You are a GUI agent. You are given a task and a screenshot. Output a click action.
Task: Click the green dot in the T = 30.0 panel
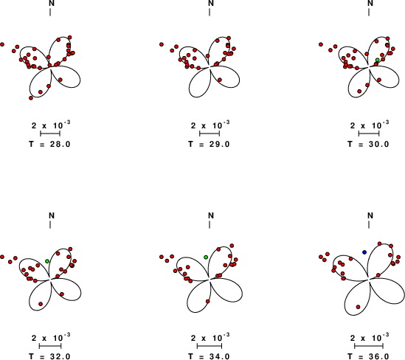pyautogui.click(x=378, y=60)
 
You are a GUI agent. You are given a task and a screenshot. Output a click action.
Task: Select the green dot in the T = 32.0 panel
pyautogui.click(x=47, y=261)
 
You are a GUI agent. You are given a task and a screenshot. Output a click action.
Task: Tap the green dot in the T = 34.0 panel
pyautogui.click(x=206, y=257)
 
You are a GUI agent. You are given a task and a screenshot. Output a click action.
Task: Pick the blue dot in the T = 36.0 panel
pyautogui.click(x=364, y=252)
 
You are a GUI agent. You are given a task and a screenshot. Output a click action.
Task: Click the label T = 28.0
pyautogui.click(x=49, y=144)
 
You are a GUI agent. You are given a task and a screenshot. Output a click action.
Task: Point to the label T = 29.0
pyautogui.click(x=209, y=144)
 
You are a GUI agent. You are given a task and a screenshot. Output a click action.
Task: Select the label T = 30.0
pyautogui.click(x=368, y=144)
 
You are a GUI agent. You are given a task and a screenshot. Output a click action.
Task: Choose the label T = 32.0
pyautogui.click(x=49, y=356)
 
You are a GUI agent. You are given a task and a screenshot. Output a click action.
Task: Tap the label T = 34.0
pyautogui.click(x=209, y=356)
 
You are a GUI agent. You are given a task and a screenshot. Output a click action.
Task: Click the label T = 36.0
pyautogui.click(x=368, y=356)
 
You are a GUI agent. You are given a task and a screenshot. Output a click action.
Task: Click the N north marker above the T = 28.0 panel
pyautogui.click(x=52, y=3)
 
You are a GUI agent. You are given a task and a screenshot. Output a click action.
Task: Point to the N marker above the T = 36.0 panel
pyautogui.click(x=370, y=215)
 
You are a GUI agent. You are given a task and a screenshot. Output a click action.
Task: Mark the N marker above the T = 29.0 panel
pyautogui.click(x=211, y=3)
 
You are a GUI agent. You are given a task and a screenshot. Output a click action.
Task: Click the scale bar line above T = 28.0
pyautogui.click(x=50, y=134)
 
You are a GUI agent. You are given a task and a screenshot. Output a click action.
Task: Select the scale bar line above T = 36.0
pyautogui.click(x=369, y=346)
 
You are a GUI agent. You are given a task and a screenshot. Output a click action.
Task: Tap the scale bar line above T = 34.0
pyautogui.click(x=210, y=346)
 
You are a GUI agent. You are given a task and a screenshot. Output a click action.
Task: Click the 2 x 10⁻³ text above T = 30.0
pyautogui.click(x=370, y=125)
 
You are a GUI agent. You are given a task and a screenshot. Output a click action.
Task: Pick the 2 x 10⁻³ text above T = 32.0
pyautogui.click(x=51, y=337)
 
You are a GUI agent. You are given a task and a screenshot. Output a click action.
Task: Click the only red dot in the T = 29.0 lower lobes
pyautogui.click(x=220, y=80)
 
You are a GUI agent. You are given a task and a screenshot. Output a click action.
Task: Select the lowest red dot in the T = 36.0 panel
pyautogui.click(x=358, y=307)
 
